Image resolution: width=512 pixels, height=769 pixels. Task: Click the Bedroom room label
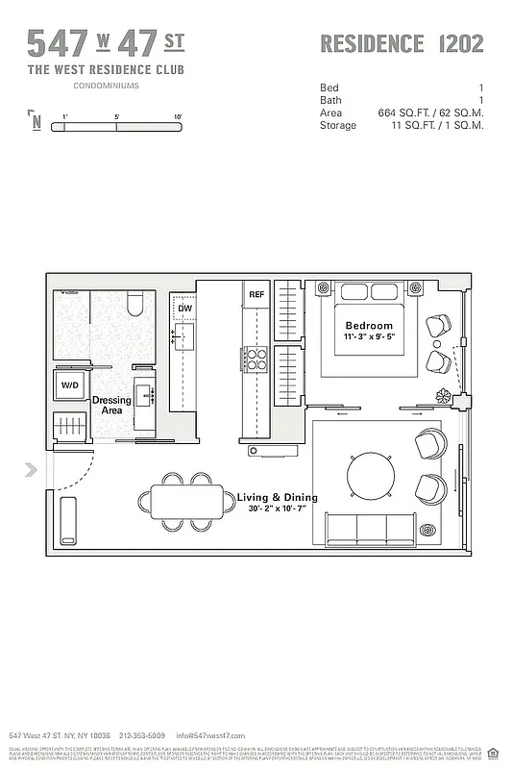click(369, 326)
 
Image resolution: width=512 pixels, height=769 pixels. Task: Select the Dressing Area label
click(111, 406)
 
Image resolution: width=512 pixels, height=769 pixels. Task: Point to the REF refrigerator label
click(256, 294)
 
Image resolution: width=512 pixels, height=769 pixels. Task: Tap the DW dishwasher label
click(184, 309)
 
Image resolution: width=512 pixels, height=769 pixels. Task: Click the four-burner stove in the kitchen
click(256, 359)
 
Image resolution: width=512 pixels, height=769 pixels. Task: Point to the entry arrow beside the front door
click(32, 470)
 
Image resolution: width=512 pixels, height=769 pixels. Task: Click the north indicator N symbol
click(36, 121)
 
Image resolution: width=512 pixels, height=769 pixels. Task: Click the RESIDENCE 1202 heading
click(401, 43)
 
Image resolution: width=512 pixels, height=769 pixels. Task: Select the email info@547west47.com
click(211, 735)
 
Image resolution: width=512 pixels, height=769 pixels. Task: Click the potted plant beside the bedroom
click(444, 395)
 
